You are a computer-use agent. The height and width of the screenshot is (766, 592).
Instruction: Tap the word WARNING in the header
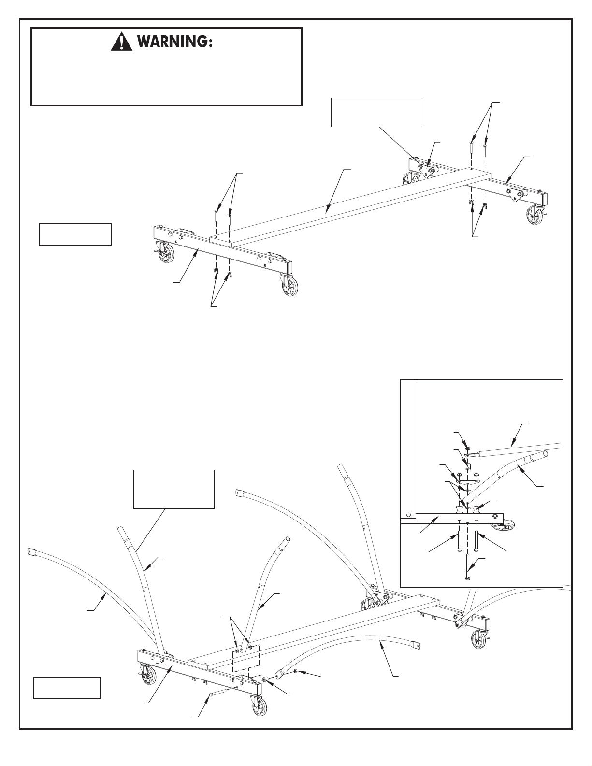pyautogui.click(x=175, y=43)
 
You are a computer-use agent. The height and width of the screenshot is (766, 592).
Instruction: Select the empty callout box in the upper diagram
pyautogui.click(x=376, y=112)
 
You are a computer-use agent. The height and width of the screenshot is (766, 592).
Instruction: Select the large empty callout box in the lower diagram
pyautogui.click(x=173, y=489)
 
